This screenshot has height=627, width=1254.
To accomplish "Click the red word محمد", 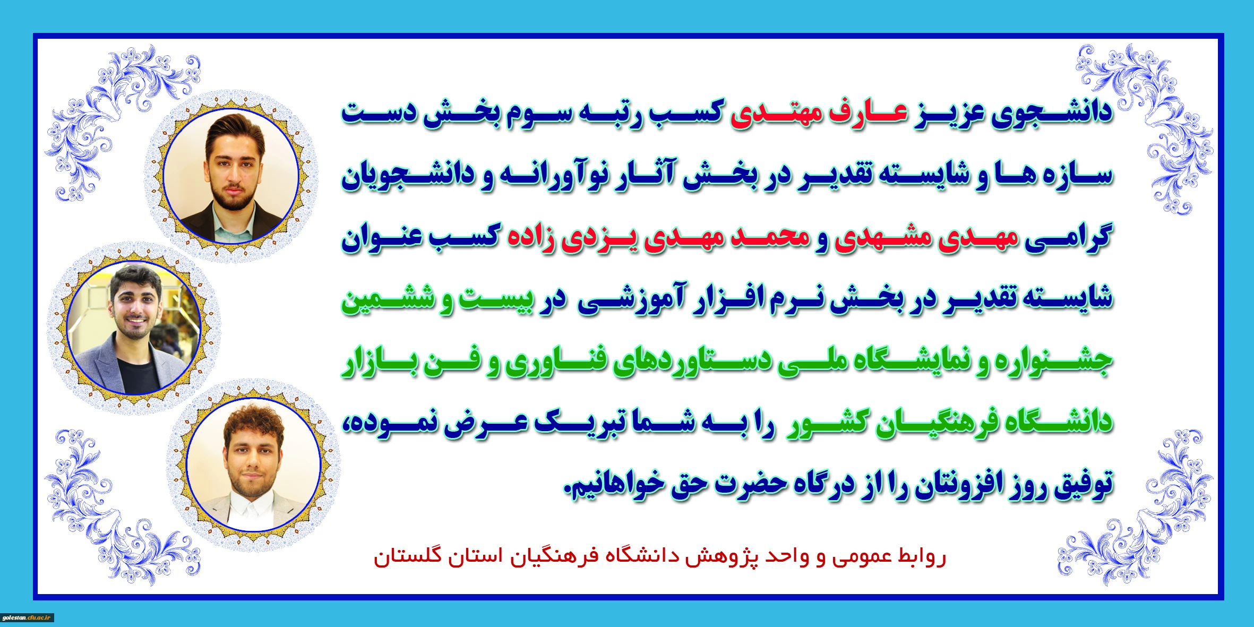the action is click(x=770, y=237).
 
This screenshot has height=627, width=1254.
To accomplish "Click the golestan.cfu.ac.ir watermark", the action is click(x=28, y=618).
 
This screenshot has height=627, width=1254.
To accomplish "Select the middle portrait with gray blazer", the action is click(x=134, y=328).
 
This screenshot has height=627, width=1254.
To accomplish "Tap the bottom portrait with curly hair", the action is click(x=254, y=465).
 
